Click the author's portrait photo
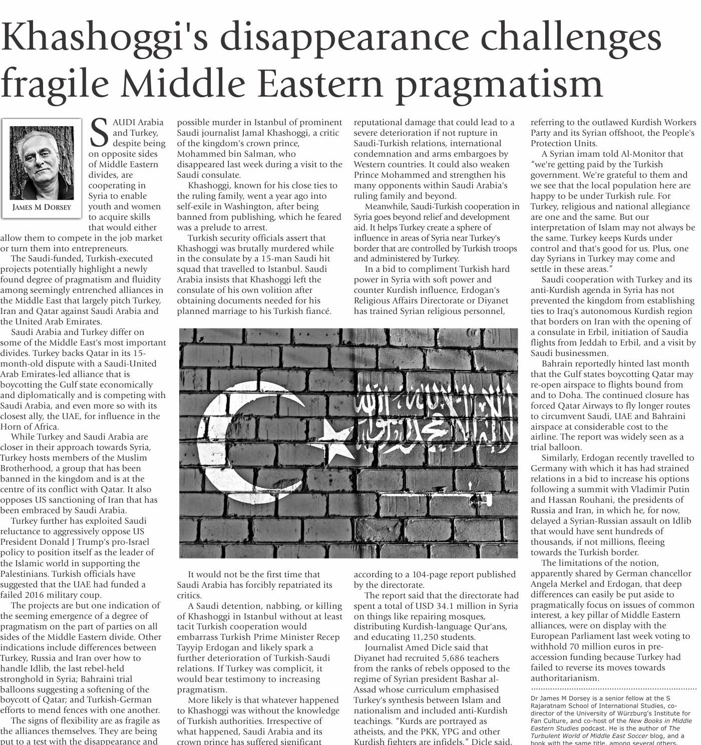pos(42,162)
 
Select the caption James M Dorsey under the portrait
pos(42,207)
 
